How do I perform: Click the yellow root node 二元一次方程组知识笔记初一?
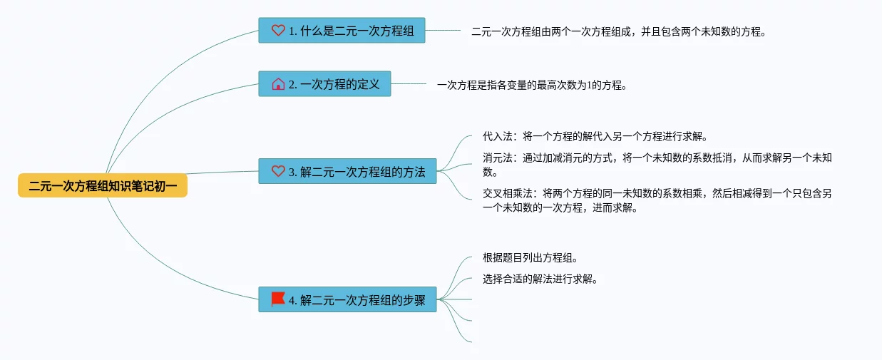pyautogui.click(x=103, y=186)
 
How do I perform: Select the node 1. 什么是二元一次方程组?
pyautogui.click(x=342, y=31)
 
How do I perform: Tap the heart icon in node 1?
pyautogui.click(x=278, y=31)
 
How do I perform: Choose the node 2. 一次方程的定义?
pyautogui.click(x=324, y=84)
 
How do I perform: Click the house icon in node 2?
pyautogui.click(x=278, y=84)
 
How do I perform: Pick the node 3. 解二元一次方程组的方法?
pyautogui.click(x=347, y=172)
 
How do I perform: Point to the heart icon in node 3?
pyautogui.click(x=278, y=172)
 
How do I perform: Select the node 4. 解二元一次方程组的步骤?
pyautogui.click(x=347, y=300)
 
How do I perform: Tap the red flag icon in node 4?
pyautogui.click(x=278, y=299)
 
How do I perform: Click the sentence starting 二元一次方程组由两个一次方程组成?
pyautogui.click(x=618, y=31)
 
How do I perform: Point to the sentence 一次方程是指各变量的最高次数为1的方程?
pyautogui.click(x=532, y=85)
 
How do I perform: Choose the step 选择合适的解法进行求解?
pyautogui.click(x=540, y=279)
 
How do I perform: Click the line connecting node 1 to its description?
pyautogui.click(x=443, y=31)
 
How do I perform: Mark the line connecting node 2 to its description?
pyautogui.click(x=409, y=84)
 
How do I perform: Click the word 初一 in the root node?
pyautogui.click(x=165, y=186)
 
